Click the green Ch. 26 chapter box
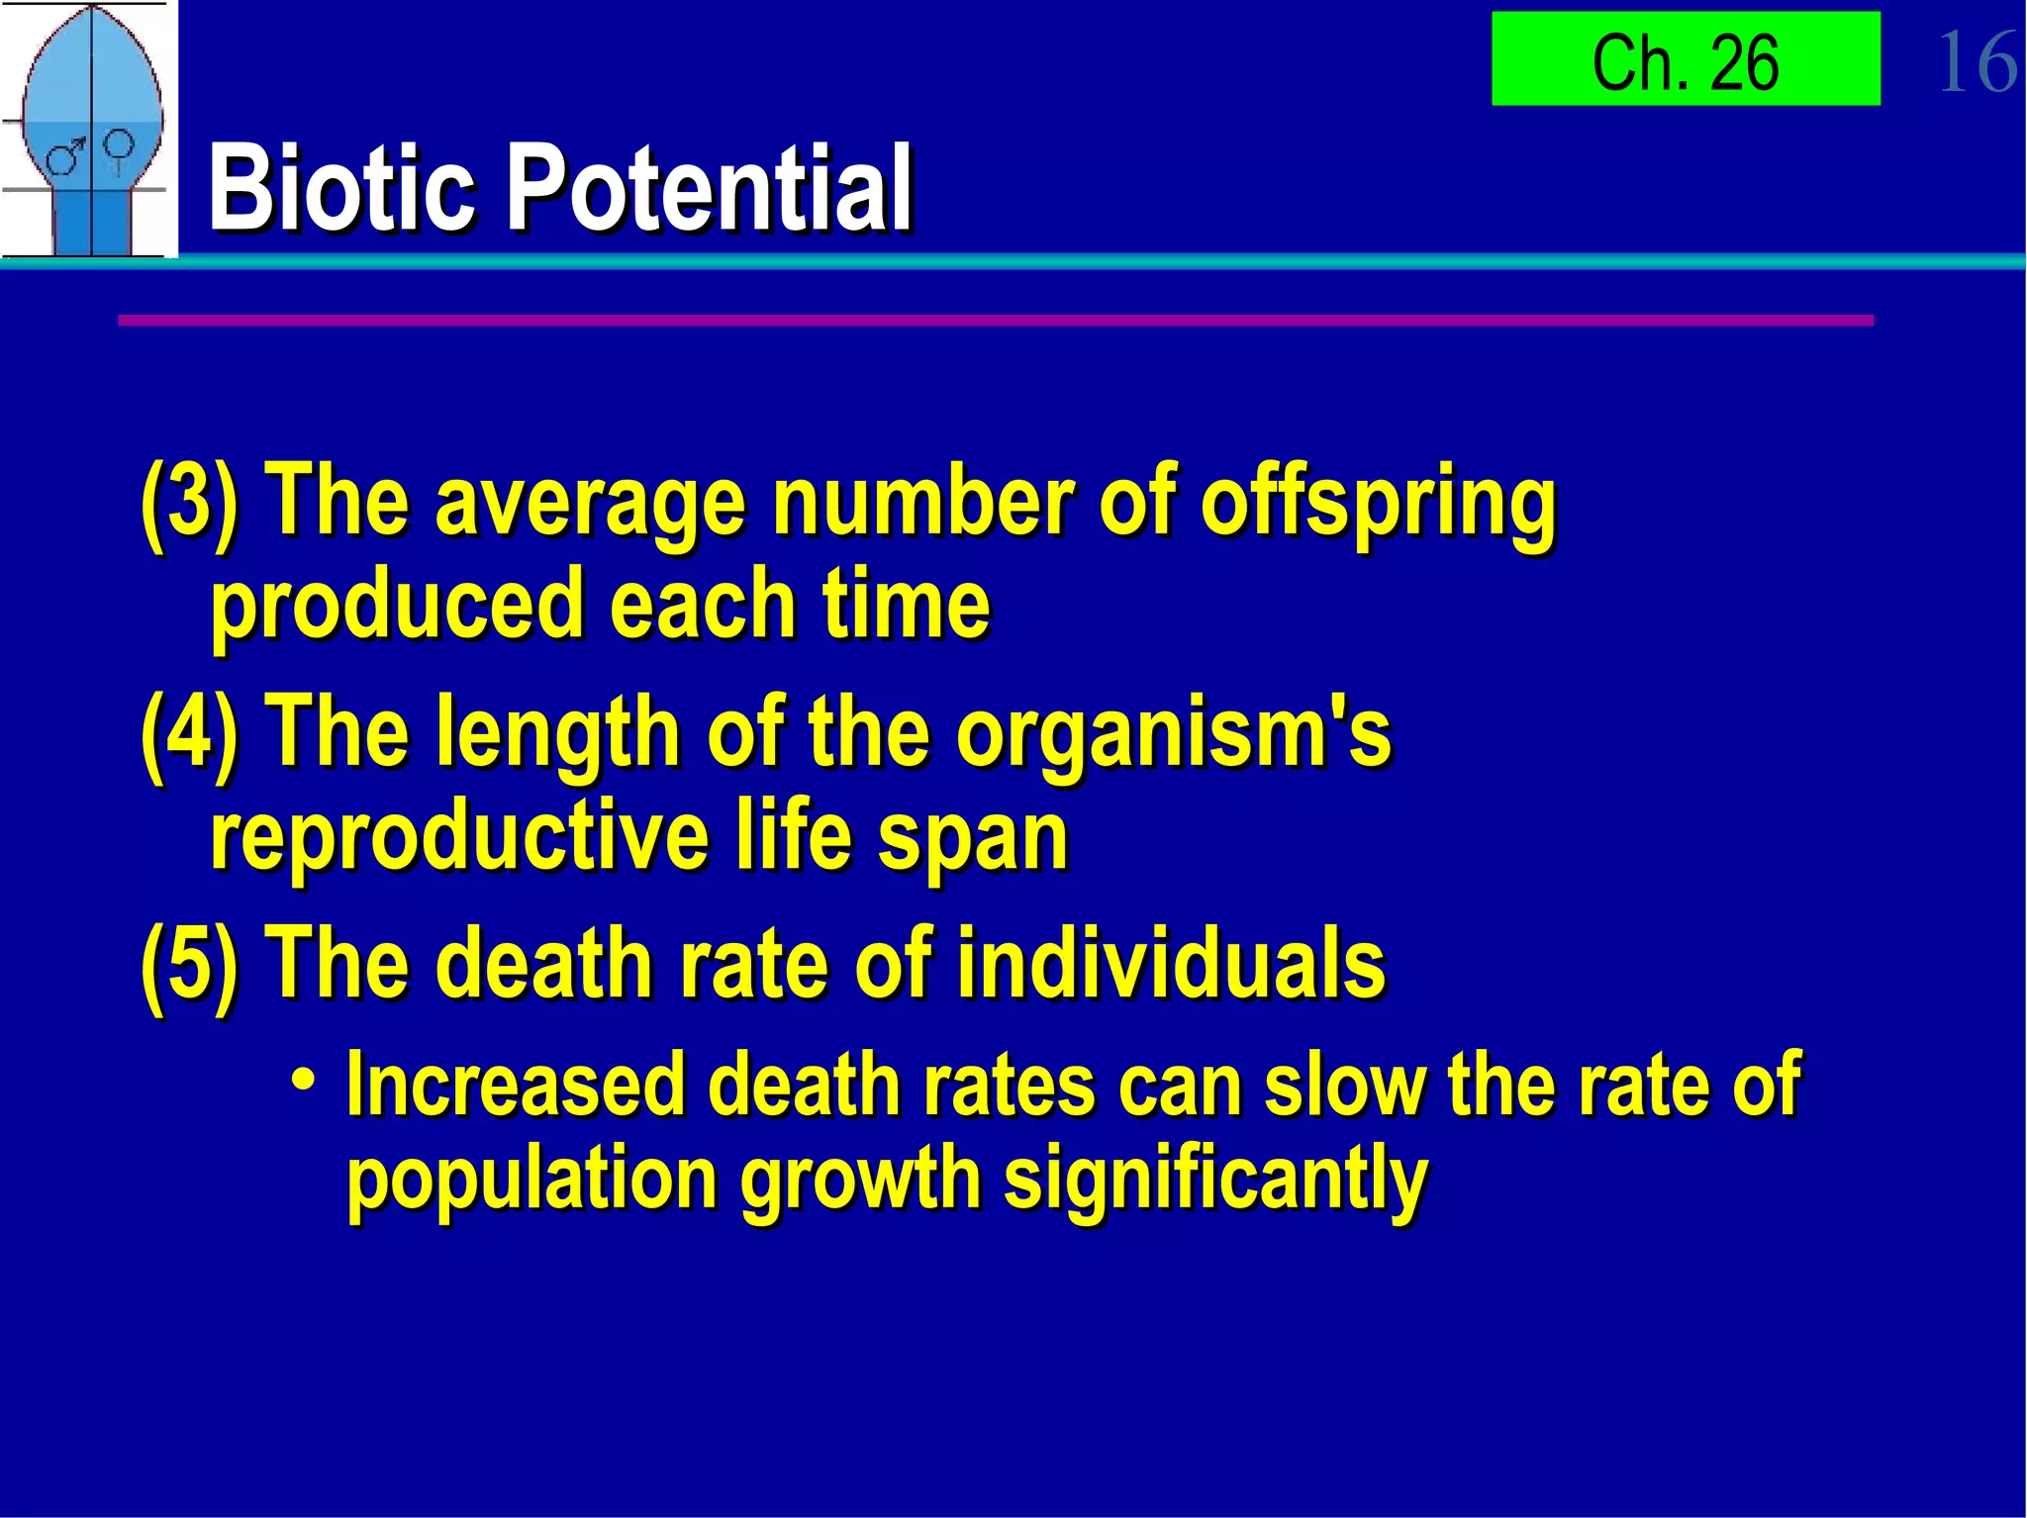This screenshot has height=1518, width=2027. pos(1686,59)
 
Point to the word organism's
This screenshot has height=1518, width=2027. pos(1174,734)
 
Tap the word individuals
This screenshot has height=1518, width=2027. pos(1171,963)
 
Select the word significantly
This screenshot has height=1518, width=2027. pos(1215,1182)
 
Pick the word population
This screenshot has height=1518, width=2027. pos(531,1182)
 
